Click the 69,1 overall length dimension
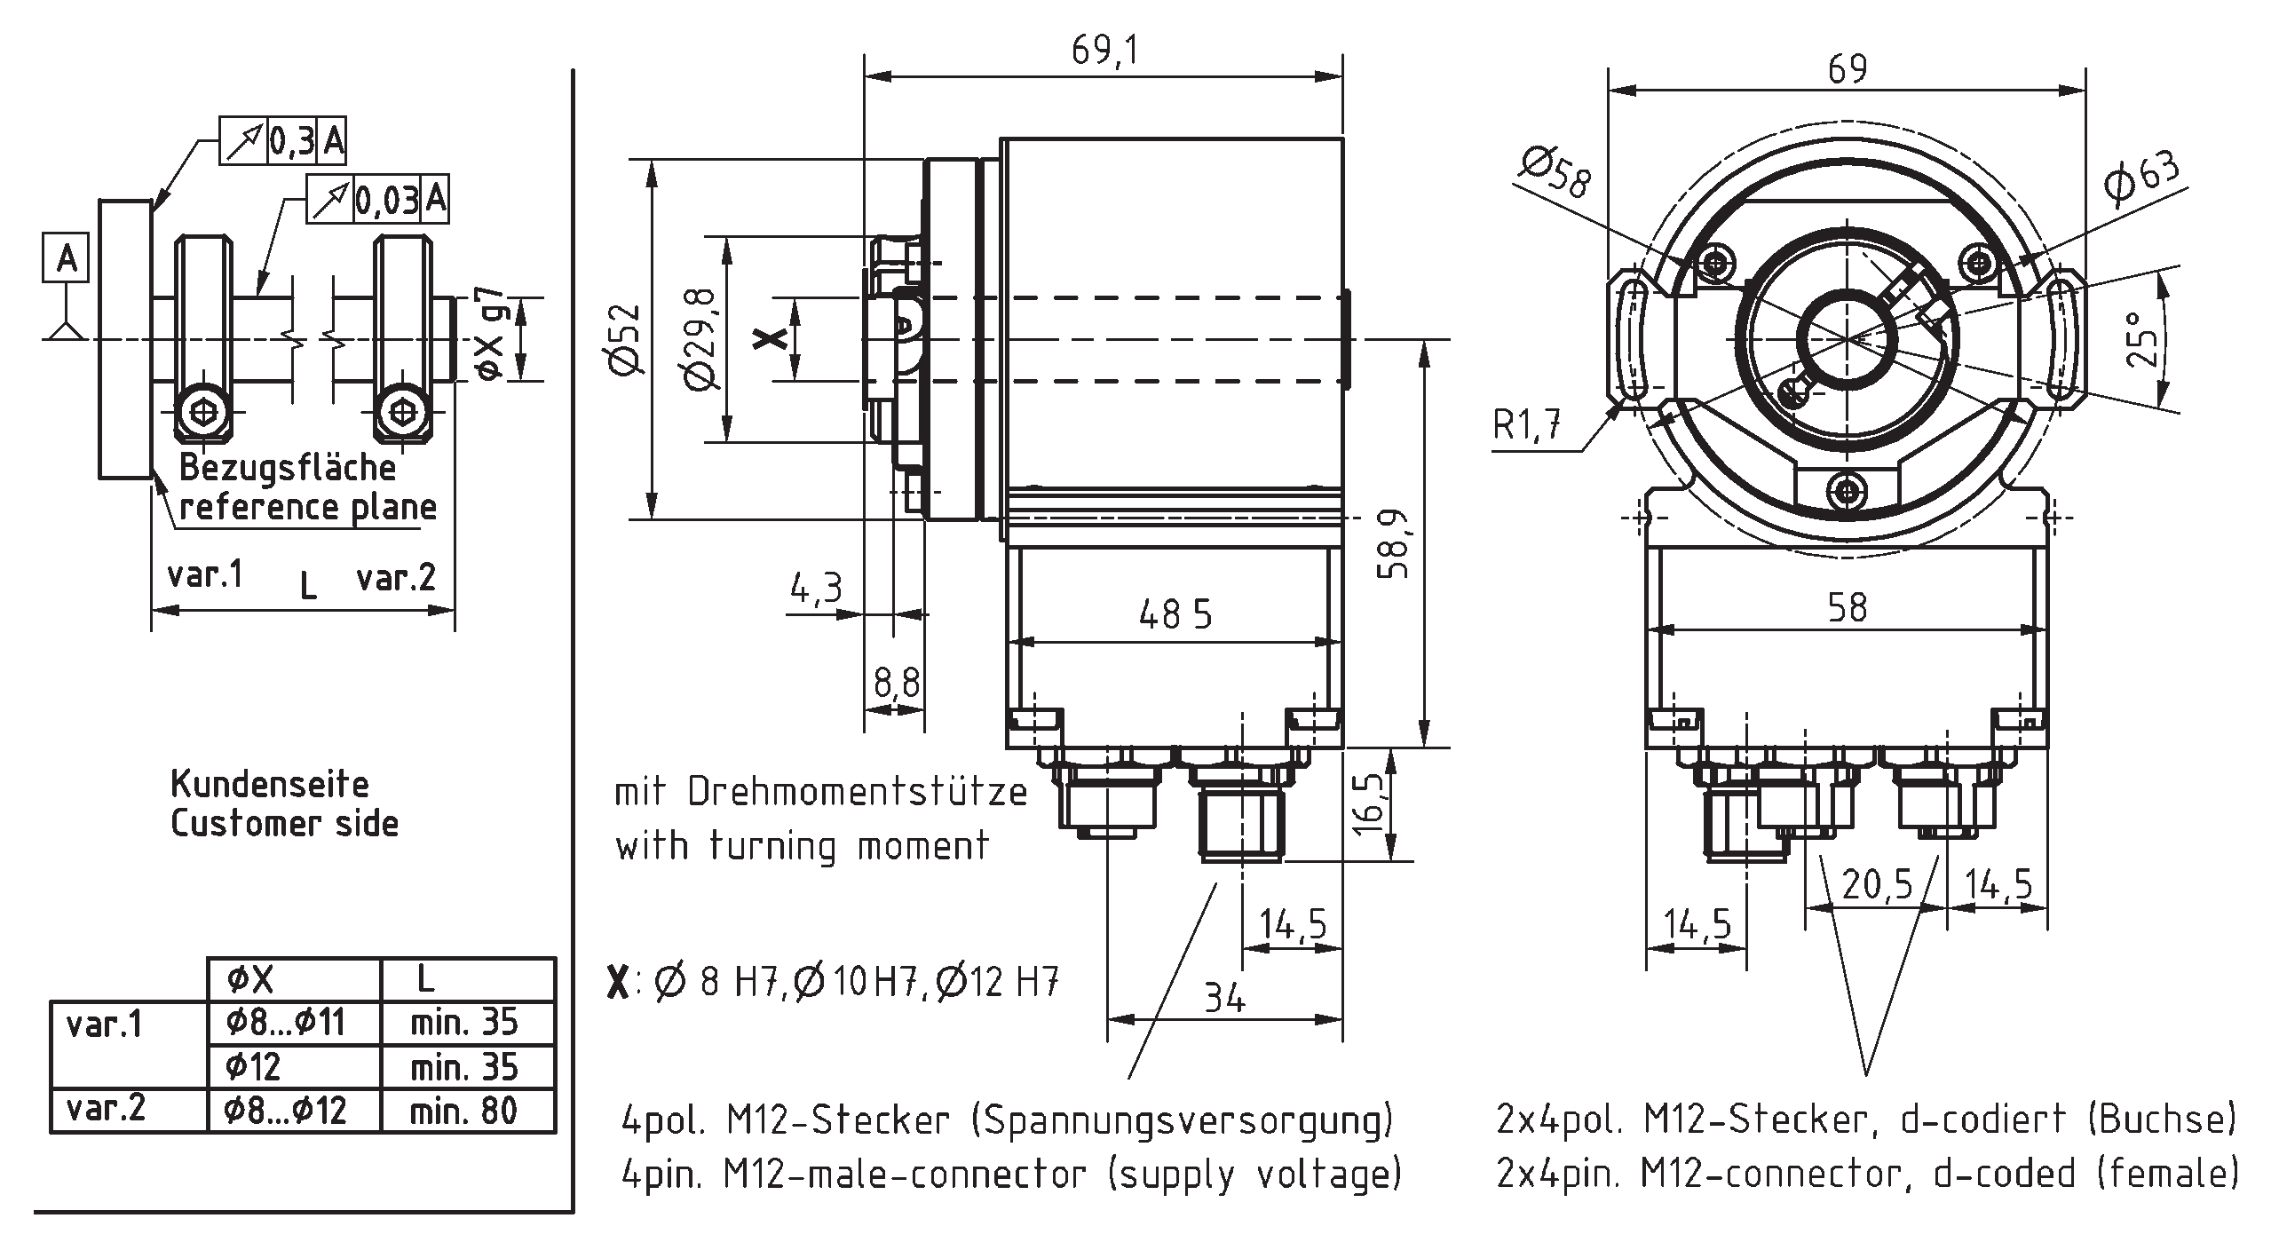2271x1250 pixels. [x=1104, y=51]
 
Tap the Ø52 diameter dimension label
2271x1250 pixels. [x=626, y=339]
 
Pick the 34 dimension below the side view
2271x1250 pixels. [x=1224, y=998]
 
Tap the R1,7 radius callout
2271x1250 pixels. [x=1527, y=425]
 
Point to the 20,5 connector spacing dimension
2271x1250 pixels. [x=1877, y=885]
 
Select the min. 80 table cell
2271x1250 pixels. [x=463, y=1111]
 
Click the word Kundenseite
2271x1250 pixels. [x=269, y=784]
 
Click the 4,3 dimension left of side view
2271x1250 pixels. [x=815, y=588]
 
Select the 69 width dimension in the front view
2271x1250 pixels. [x=1847, y=69]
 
